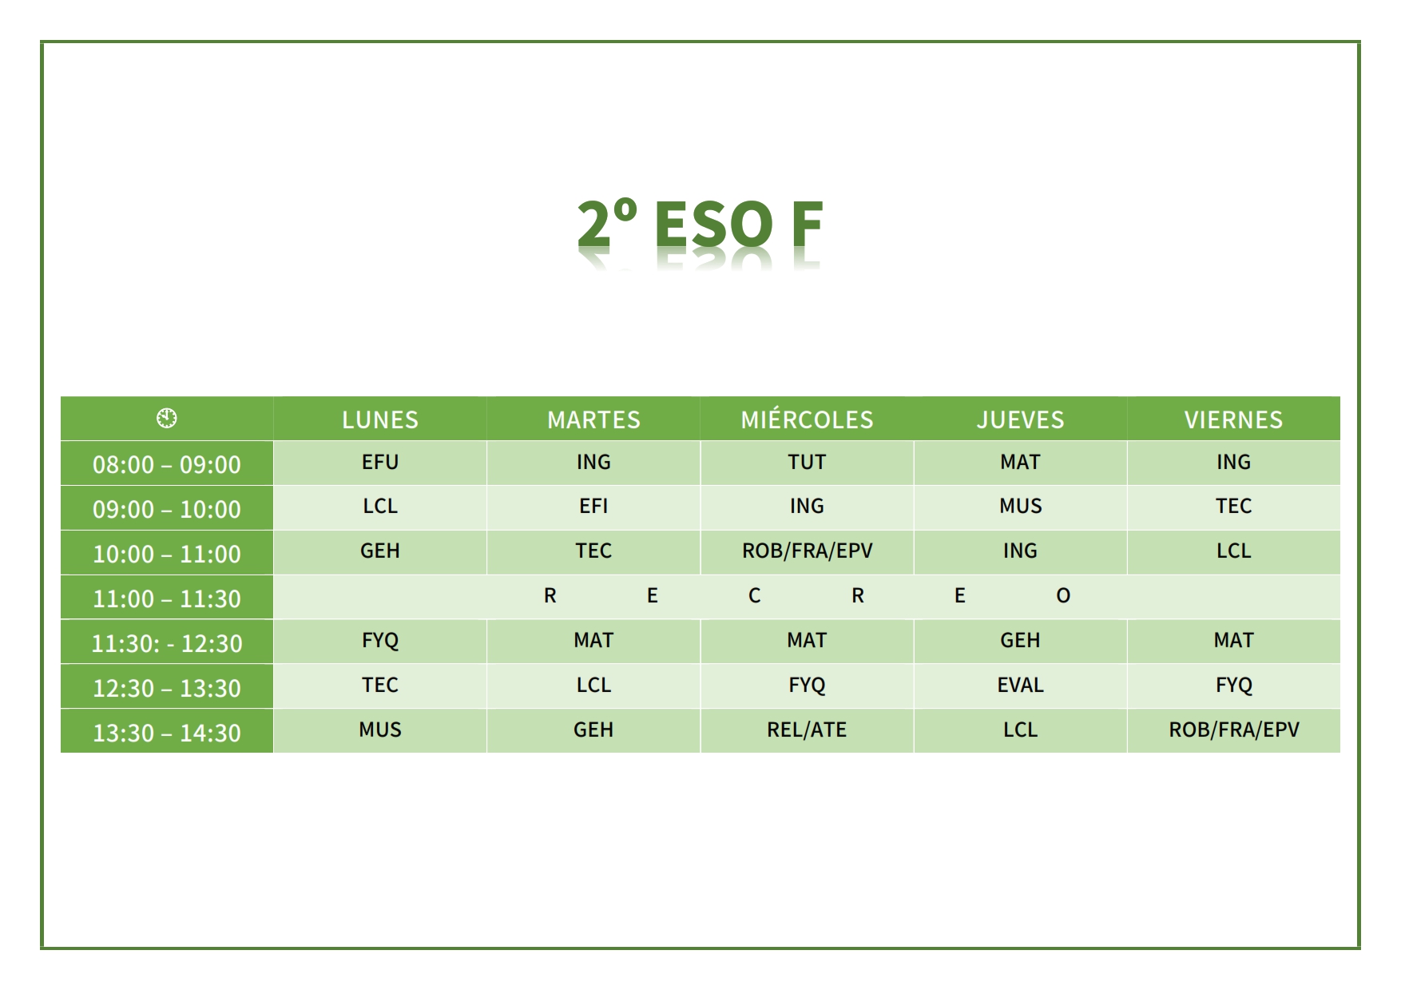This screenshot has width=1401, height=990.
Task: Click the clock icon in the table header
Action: coord(167,418)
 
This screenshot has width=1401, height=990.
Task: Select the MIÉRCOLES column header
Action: coord(807,419)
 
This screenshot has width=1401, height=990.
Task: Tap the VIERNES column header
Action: coord(1233,419)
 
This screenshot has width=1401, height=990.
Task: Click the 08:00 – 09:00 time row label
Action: coord(167,464)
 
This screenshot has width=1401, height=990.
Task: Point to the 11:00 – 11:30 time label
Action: coord(167,598)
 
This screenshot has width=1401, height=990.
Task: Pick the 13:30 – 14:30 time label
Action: coord(167,733)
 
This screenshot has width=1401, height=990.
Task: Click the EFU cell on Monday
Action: coord(380,462)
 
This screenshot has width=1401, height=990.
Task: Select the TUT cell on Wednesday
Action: coord(807,462)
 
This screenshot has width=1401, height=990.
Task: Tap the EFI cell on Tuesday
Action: coord(593,506)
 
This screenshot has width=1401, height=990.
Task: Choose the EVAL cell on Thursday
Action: coord(1020,685)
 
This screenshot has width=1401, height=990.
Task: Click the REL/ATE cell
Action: coord(807,730)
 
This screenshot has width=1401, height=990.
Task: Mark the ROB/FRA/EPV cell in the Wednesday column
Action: coord(807,551)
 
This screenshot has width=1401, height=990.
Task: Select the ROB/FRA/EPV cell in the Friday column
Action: coord(1233,730)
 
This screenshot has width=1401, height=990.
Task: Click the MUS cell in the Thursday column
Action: coord(1020,506)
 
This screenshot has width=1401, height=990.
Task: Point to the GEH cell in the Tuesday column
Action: coord(593,730)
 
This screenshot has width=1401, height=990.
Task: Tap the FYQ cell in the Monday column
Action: coord(380,640)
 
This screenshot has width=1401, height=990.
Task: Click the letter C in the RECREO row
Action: coord(754,595)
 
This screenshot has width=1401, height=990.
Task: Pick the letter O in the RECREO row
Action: coord(1063,595)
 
